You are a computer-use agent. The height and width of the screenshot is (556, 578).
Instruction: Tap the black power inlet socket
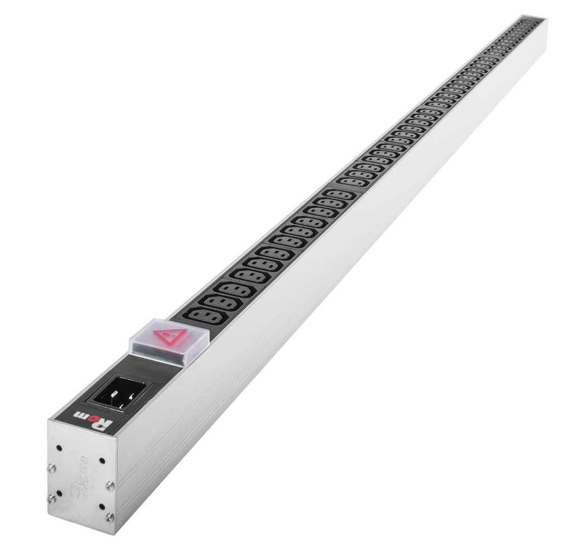coord(120,391)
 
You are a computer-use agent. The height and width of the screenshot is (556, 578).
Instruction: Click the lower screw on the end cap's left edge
coord(52,500)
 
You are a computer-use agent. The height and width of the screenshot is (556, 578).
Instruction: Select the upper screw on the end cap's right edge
coord(110,486)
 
